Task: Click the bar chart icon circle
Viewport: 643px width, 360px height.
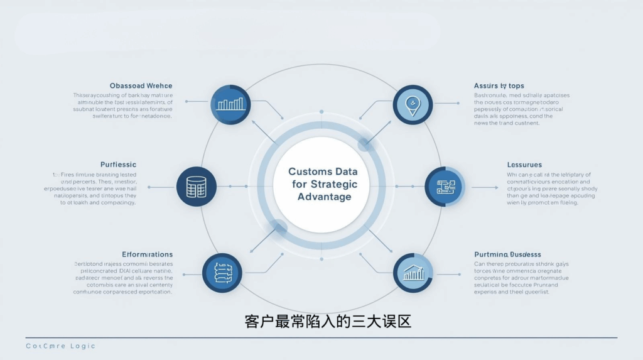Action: coord(230,104)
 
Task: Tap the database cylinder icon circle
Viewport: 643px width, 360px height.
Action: coord(197,187)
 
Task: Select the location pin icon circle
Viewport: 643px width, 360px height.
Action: coord(413,104)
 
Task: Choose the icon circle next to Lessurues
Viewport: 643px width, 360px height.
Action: coord(445,187)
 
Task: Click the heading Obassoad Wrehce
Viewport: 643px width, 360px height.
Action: coord(141,85)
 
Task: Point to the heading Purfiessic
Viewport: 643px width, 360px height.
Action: coord(118,165)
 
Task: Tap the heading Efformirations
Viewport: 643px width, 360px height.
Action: coord(147,254)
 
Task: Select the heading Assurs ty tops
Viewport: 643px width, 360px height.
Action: coord(499,85)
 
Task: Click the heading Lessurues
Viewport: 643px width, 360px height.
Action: coord(524,165)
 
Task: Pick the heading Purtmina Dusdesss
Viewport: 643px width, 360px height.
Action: coord(507,254)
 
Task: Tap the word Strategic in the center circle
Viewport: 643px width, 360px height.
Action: coord(334,184)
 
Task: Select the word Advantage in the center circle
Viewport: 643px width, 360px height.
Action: coord(324,197)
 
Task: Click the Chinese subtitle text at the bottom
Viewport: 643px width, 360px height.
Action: coord(327,322)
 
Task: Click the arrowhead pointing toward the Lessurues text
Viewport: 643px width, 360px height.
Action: coord(496,187)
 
